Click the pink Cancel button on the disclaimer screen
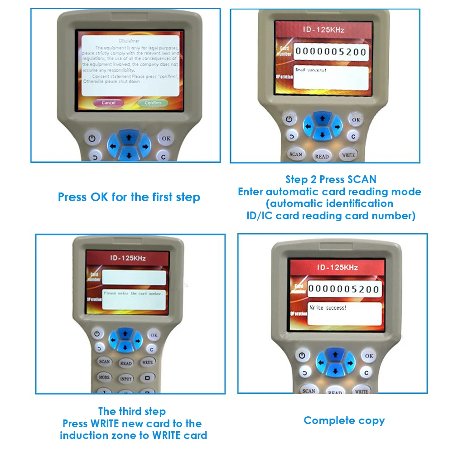click(x=108, y=103)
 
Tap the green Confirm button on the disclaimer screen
click(x=153, y=103)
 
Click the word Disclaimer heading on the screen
click(x=129, y=41)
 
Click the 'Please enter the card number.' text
click(x=133, y=294)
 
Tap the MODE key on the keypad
click(x=104, y=377)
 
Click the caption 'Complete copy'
click(x=344, y=420)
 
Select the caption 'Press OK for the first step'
click(x=129, y=198)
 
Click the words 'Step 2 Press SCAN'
click(x=331, y=179)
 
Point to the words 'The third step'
click(x=132, y=411)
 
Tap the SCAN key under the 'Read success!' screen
click(x=296, y=154)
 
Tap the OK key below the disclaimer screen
click(x=166, y=138)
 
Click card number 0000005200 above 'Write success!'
click(x=344, y=289)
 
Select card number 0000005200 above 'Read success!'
click(x=330, y=52)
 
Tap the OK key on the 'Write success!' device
click(x=369, y=356)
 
